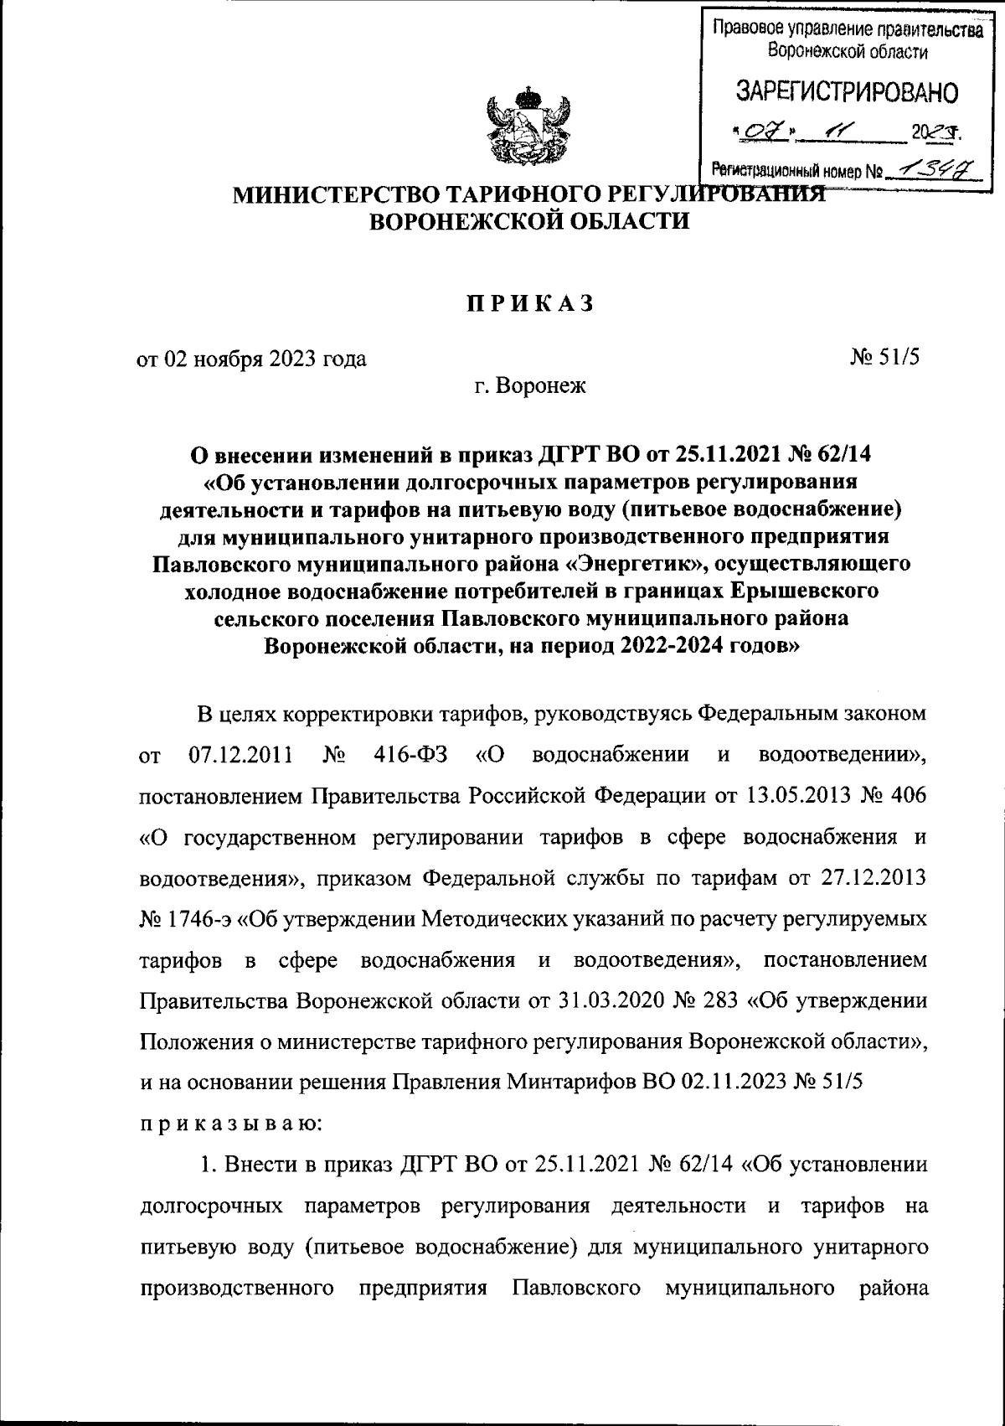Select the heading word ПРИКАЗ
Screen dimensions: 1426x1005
529,304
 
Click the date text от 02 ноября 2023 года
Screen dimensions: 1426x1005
251,359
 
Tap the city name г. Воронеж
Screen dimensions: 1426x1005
529,386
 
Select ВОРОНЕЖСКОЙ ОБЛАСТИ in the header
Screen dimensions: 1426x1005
530,222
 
